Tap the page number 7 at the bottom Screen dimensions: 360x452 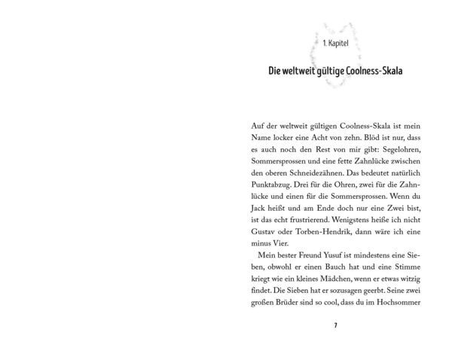pos(335,325)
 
